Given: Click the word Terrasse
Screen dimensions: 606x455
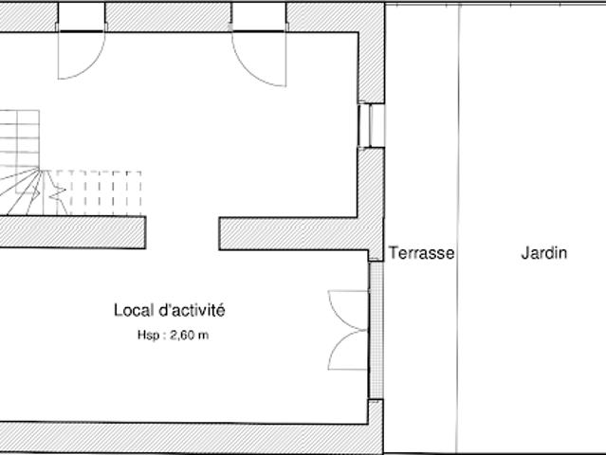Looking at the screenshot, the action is pos(421,253).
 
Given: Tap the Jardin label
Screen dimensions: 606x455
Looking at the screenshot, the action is pos(544,253).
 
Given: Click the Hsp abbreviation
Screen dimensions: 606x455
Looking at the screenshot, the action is pos(148,335).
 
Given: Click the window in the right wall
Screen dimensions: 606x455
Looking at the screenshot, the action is pos(371,125).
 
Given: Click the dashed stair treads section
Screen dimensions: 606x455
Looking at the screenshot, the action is pos(99,192).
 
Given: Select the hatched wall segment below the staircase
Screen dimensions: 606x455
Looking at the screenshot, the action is pos(73,232).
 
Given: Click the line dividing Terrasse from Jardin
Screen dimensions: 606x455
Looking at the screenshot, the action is pos(458,227).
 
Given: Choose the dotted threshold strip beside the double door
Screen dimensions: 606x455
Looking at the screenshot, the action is pos(376,330).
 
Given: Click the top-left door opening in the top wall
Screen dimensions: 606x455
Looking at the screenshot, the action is pos(82,17).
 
